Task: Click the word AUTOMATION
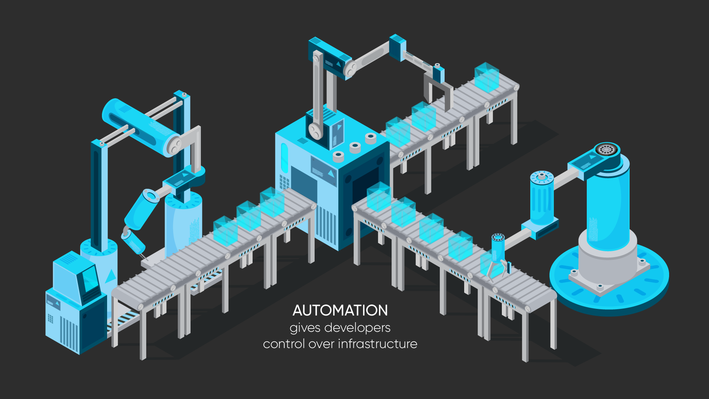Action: [340, 311]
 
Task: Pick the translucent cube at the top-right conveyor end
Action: [487, 77]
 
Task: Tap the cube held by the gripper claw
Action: [491, 263]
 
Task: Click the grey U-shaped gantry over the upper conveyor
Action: [438, 89]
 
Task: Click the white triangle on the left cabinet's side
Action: [110, 276]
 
